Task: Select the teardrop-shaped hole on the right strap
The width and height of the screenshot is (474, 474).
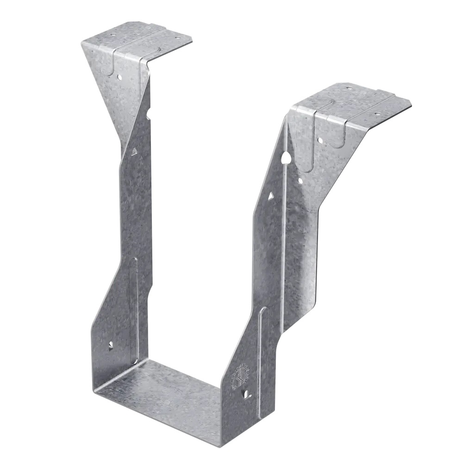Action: tap(287, 159)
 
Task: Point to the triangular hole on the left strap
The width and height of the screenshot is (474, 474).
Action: tap(134, 150)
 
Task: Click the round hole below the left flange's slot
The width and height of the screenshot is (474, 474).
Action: tap(118, 78)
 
